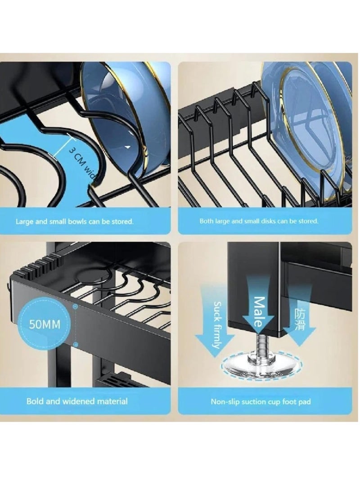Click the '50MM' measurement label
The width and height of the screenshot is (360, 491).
click(44, 324)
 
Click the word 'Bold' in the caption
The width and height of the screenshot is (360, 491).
click(35, 401)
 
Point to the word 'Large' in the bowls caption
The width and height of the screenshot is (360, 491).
click(24, 221)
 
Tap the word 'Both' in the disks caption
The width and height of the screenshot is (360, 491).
click(207, 221)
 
